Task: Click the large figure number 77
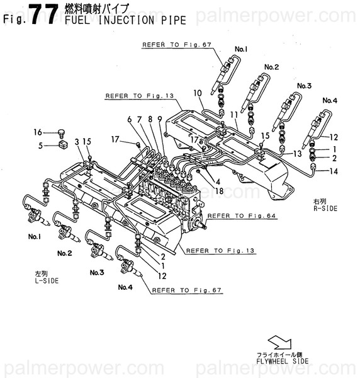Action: pos(40,13)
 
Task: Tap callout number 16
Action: pos(38,132)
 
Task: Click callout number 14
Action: pos(334,171)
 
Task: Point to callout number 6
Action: pos(130,118)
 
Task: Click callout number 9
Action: pos(160,118)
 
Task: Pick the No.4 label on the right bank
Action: pos(330,100)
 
